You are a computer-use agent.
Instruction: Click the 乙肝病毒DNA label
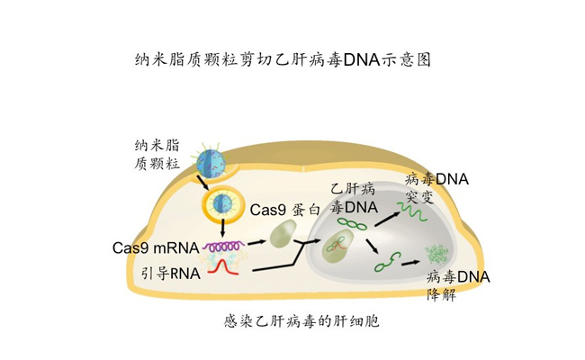tap(351, 200)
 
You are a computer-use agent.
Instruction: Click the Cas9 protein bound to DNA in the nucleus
tap(340, 245)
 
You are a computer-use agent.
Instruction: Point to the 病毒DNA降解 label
tap(458, 285)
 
